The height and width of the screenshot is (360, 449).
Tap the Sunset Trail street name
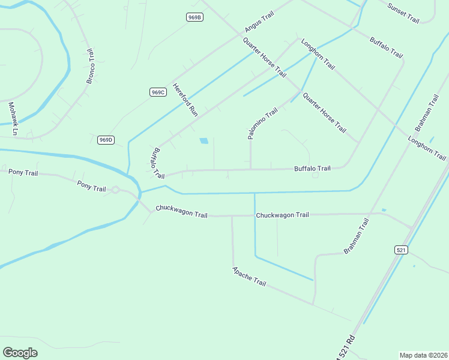coord(403,13)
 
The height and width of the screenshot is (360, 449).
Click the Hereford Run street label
coord(185,99)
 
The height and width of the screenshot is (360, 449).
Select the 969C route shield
coord(158,92)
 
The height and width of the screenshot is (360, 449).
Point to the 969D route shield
coord(106,140)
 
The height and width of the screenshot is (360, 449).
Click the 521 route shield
coord(402,250)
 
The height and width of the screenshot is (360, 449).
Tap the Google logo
coord(20,352)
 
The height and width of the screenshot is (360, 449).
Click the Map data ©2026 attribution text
coord(423,355)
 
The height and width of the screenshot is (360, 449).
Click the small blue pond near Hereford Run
coord(204,141)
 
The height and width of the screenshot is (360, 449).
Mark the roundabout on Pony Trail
coord(115,190)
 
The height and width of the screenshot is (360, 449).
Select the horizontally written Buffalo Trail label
coord(312,169)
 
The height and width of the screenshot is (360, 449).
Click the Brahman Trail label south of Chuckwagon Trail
coord(356,236)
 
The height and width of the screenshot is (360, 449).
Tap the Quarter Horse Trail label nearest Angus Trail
coord(264,57)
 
